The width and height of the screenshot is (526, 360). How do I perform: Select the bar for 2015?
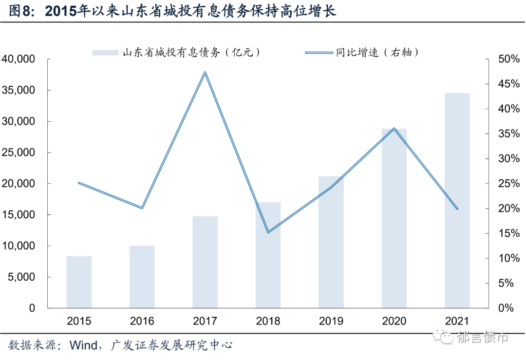point(79,282)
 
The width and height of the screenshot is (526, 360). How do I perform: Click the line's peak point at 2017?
point(205,73)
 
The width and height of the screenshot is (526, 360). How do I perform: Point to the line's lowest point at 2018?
point(268,232)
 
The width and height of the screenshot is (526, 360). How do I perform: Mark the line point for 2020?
point(394,129)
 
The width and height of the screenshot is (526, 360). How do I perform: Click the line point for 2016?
point(142,208)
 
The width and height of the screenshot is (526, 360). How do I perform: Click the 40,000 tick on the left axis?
point(19,59)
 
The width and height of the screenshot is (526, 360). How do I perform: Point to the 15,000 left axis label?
point(19,215)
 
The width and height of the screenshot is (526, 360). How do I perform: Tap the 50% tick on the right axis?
point(508,59)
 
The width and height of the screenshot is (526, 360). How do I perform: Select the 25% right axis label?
point(508,184)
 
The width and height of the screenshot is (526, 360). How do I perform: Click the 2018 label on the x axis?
point(268,322)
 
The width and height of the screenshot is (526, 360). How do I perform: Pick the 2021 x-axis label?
point(457,322)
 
